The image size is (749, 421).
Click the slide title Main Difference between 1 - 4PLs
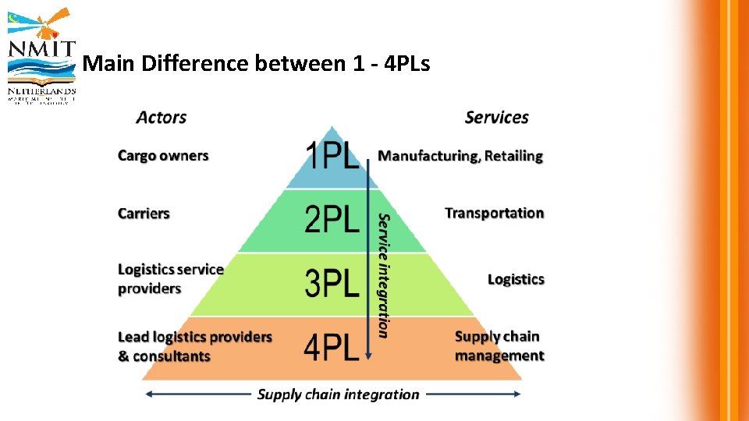(x=256, y=63)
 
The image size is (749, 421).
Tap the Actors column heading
(x=162, y=118)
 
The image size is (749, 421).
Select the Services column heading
(x=496, y=118)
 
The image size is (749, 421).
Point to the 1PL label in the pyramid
(x=332, y=156)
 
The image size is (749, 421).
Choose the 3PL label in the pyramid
(x=332, y=282)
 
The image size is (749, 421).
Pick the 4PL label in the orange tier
(x=332, y=346)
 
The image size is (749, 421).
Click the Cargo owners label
(x=163, y=156)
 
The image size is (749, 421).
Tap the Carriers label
(x=144, y=214)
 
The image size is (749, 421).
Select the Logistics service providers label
(x=170, y=279)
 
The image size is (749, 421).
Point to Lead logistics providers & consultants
(x=194, y=346)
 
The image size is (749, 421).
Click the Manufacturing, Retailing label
(x=460, y=156)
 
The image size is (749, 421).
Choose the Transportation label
(x=494, y=213)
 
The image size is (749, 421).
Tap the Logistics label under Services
(x=516, y=279)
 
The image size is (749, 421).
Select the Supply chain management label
(x=499, y=346)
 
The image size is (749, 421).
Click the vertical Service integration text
(x=383, y=274)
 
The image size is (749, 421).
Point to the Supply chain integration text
(x=338, y=394)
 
